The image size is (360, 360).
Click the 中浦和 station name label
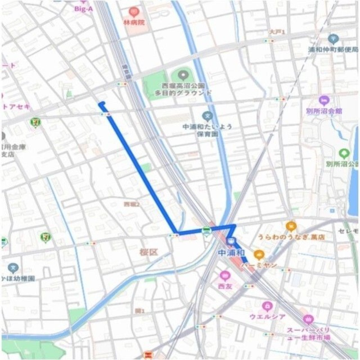(231, 253)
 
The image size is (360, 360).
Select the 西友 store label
(225, 286)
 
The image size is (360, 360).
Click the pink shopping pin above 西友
(225, 275)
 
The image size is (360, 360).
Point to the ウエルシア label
(268, 316)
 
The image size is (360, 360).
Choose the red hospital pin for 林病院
(134, 12)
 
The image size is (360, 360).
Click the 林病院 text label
(134, 22)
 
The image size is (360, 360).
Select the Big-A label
(83, 9)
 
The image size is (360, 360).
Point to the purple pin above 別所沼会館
(324, 100)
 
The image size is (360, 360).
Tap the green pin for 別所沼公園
(344, 153)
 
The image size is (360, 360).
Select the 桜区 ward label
(148, 252)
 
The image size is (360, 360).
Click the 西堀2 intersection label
(131, 204)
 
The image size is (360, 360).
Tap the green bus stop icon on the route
(206, 231)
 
